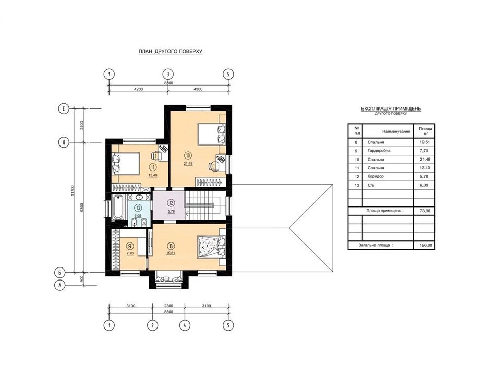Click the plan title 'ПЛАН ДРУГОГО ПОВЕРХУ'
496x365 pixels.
point(171,51)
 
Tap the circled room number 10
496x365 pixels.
point(188,155)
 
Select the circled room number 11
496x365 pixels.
point(153,167)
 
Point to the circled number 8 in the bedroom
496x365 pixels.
point(171,246)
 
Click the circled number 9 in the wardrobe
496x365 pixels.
point(129,246)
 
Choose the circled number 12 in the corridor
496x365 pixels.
point(171,203)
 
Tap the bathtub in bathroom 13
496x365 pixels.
point(118,207)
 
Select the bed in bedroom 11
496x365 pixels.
point(126,163)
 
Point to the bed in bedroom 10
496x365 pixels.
point(212,134)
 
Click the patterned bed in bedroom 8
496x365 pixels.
point(211,247)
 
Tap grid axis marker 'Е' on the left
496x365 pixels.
point(64,109)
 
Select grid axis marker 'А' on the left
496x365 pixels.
point(60,285)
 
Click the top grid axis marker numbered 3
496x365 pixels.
point(168,75)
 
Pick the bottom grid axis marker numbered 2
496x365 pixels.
point(152,325)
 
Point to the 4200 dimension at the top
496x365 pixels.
point(138,89)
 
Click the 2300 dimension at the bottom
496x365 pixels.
point(168,306)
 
